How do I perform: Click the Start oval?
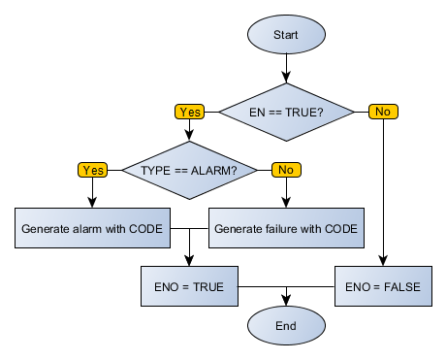pos(286,34)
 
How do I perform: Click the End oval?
pos(286,326)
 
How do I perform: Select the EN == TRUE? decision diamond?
pos(286,112)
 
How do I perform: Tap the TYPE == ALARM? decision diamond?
pos(189,170)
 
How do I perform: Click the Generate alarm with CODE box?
pos(92,229)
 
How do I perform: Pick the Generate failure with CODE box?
pos(286,229)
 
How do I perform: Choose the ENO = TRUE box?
pos(189,287)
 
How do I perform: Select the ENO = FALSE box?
pos(383,287)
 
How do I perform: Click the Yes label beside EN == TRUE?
pos(189,112)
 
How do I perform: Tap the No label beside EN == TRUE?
pos(383,112)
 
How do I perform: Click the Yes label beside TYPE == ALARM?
pos(92,170)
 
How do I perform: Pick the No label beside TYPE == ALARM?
pos(286,170)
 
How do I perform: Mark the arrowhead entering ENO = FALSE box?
pos(383,262)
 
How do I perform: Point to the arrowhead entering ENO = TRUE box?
pos(189,262)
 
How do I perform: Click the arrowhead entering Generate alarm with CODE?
pos(92,204)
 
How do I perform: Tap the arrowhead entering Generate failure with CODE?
pos(286,204)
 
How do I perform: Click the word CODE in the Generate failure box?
pos(339,229)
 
